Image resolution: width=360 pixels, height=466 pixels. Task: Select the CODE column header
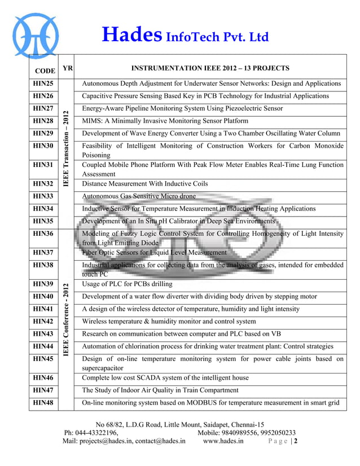[x=45, y=71]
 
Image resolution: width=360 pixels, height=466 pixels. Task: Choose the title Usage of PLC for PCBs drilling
[x=126, y=283]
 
